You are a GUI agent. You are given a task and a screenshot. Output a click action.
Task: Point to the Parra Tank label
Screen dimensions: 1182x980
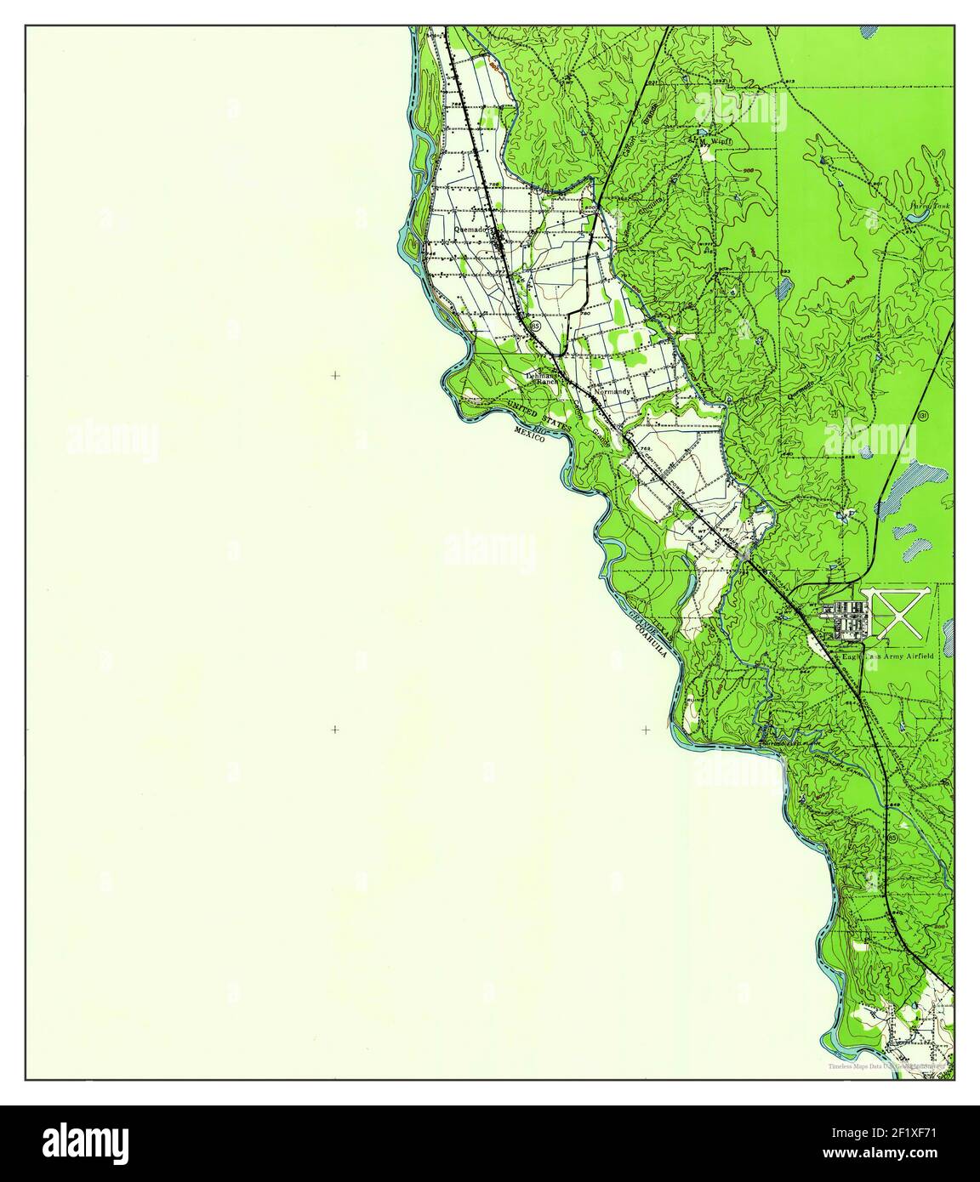tap(929, 206)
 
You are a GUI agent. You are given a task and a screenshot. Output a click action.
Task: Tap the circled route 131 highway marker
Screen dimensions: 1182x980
tap(923, 415)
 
